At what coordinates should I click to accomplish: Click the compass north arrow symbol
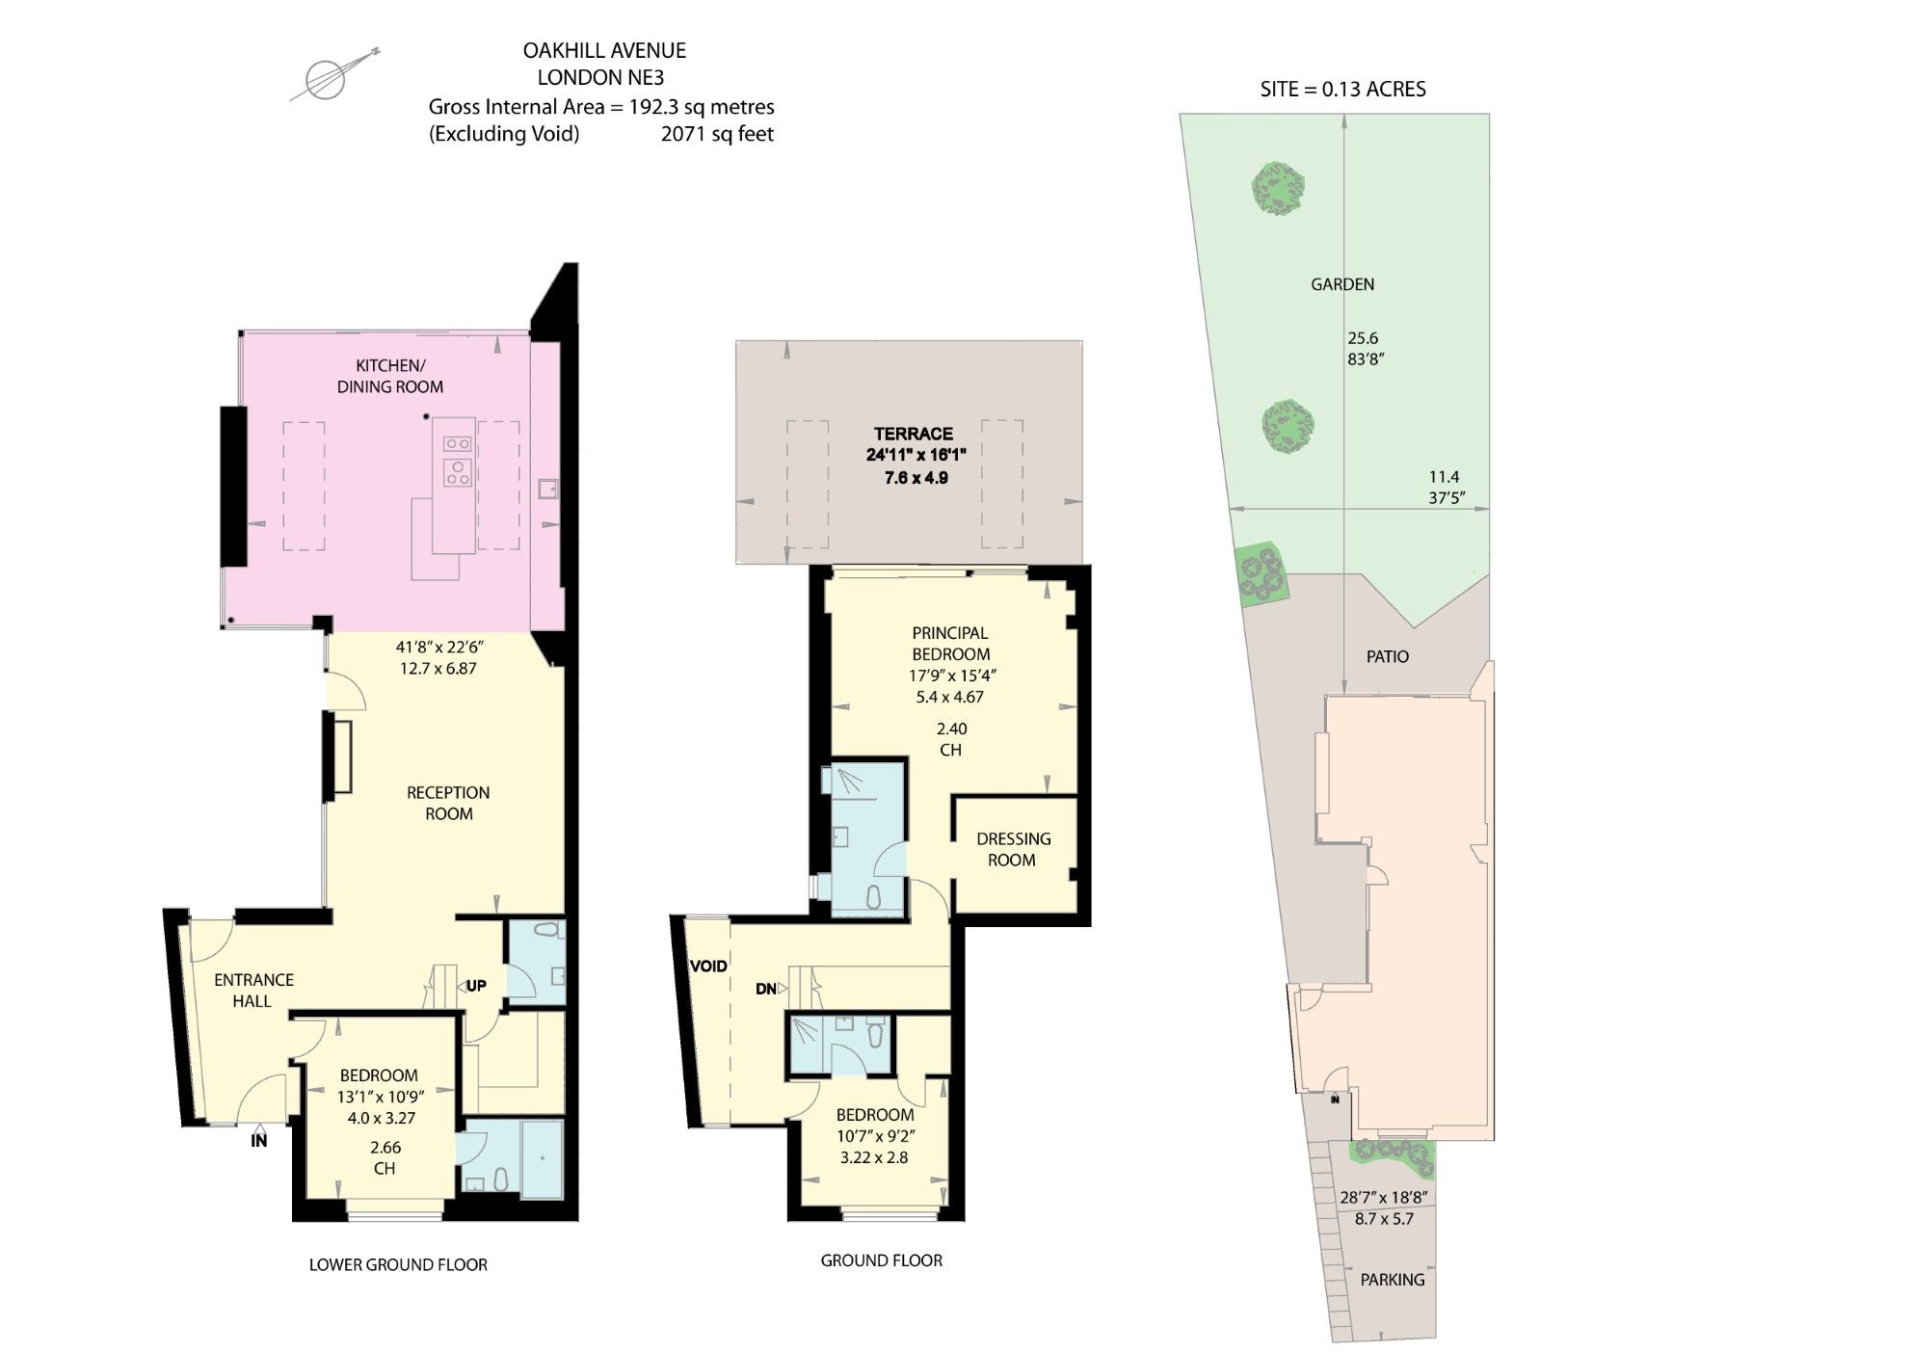328,78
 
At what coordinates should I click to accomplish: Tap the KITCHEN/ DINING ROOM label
390,376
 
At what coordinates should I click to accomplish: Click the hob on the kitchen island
457,459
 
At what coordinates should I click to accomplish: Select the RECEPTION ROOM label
448,803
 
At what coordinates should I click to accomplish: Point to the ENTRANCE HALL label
253,990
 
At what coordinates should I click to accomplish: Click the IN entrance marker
258,1140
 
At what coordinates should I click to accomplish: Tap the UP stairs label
476,985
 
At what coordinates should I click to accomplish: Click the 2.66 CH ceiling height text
385,1157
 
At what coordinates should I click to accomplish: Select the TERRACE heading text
913,434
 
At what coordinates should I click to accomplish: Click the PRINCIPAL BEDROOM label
950,643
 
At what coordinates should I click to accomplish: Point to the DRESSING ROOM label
1013,849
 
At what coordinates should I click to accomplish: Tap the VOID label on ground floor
708,966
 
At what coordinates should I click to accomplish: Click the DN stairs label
766,989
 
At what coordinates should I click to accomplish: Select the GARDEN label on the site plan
1341,284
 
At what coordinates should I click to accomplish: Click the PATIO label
1387,656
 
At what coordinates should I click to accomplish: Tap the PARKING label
1392,1280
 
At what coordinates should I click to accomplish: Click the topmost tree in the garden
1279,188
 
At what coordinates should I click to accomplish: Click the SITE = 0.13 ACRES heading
1342,90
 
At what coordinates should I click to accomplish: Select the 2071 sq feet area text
717,134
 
